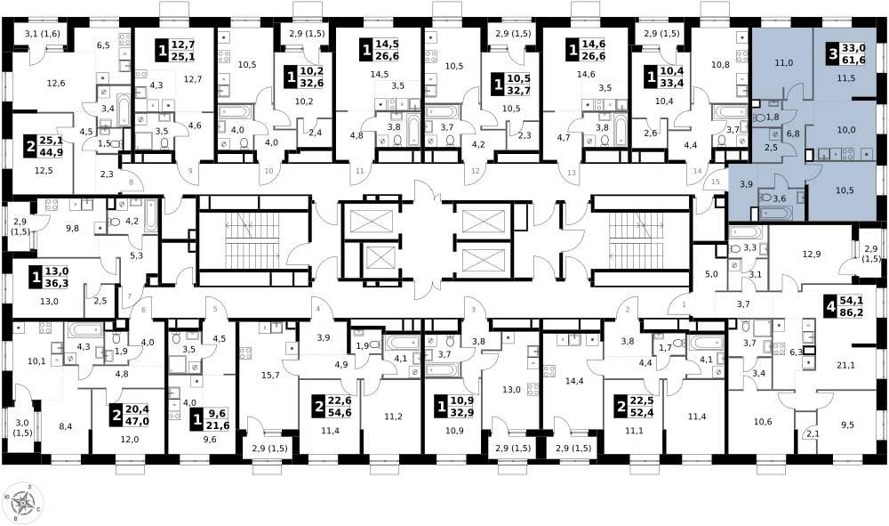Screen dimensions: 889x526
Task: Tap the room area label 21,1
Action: pyautogui.click(x=845, y=366)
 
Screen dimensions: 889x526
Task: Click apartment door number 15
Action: pyautogui.click(x=715, y=182)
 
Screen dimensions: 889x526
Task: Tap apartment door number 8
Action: pyautogui.click(x=132, y=182)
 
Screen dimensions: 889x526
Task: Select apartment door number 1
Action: pyautogui.click(x=684, y=305)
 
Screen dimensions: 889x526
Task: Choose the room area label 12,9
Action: pyautogui.click(x=812, y=255)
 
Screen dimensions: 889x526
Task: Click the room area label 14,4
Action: pyautogui.click(x=574, y=381)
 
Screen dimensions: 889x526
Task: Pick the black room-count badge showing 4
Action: pyautogui.click(x=831, y=307)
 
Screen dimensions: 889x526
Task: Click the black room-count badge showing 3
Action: pyautogui.click(x=833, y=55)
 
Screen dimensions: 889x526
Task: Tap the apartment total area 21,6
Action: pyautogui.click(x=219, y=425)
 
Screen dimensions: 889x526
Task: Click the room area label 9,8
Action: pyautogui.click(x=72, y=229)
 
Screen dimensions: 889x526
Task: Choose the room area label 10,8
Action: pyautogui.click(x=720, y=65)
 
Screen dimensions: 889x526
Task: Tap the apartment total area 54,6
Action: pyautogui.click(x=340, y=412)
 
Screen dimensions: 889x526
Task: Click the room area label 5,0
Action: pyautogui.click(x=711, y=274)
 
